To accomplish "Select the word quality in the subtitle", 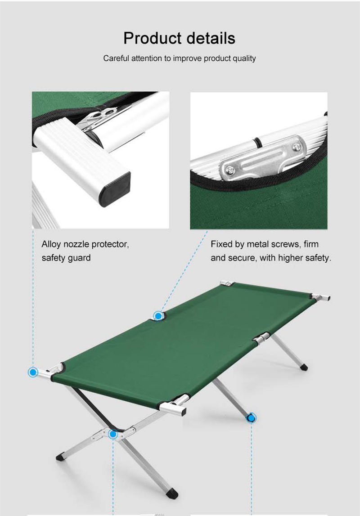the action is coord(244,58).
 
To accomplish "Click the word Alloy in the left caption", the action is coord(51,244).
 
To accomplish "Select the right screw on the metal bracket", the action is coord(297,147).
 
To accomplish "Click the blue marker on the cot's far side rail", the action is coord(158,316).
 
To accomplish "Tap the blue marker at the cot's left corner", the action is coord(33,372).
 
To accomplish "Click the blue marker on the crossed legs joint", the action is coord(113,434).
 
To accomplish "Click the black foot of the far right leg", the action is coord(304,367).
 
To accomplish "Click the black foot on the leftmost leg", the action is coord(60,458).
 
